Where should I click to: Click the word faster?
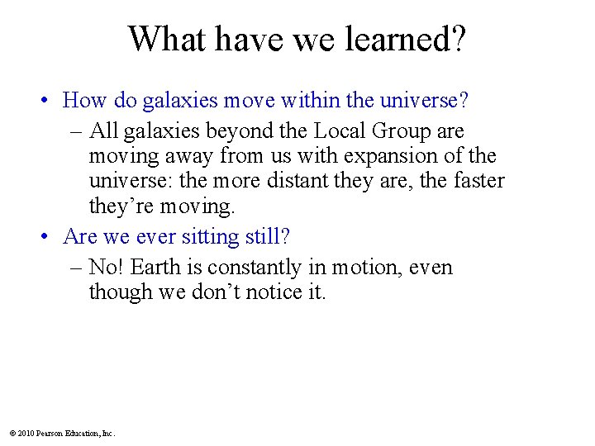pos(474,180)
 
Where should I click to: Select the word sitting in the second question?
pos(209,237)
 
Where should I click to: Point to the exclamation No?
pos(106,268)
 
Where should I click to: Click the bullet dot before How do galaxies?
pos(48,102)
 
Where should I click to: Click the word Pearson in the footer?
pos(50,433)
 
